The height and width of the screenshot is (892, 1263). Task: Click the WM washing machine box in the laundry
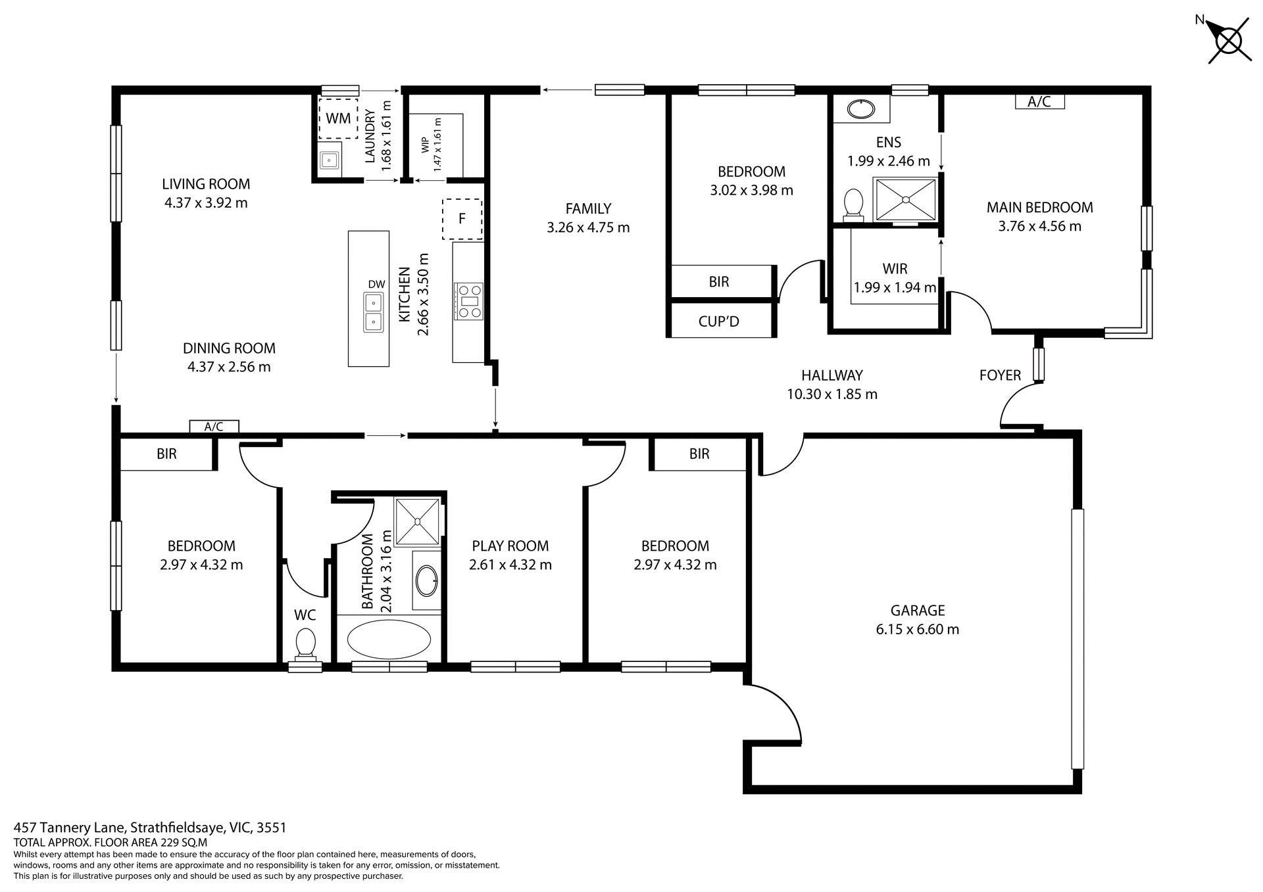coord(338,118)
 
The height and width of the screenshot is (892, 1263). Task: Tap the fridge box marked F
coord(462,219)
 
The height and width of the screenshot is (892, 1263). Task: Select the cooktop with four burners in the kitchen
coord(468,302)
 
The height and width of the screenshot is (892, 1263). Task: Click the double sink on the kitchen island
coord(373,312)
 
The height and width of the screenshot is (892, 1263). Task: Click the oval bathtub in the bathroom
coord(389,639)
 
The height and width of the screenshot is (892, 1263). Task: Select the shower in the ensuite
coord(906,199)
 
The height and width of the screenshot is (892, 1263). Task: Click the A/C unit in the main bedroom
coord(1039,102)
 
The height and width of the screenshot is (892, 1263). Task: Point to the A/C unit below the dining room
coord(214,427)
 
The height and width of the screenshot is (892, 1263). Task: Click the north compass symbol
coord(1228,41)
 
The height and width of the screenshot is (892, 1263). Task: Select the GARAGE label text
coord(917,610)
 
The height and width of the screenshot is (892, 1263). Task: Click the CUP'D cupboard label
coord(718,321)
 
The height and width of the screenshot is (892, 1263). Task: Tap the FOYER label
coord(1000,375)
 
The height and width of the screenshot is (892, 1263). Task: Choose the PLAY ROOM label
coord(510,546)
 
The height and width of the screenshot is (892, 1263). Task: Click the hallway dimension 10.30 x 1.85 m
coord(831,394)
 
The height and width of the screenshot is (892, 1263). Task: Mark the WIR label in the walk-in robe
coord(895,268)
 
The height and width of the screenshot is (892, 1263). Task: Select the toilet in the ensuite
coord(853,202)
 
